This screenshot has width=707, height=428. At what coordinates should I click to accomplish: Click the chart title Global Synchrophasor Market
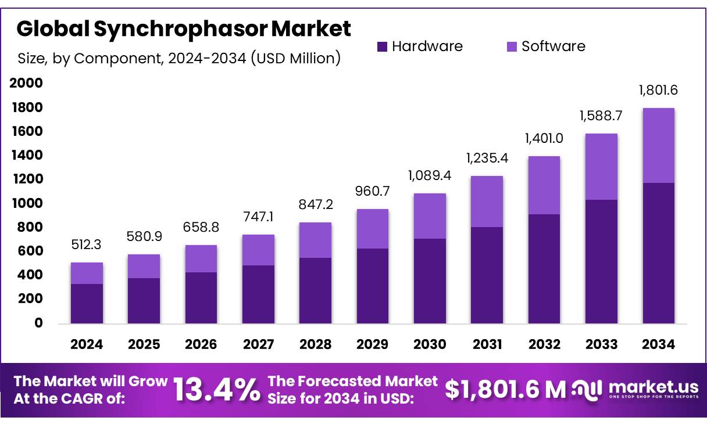pyautogui.click(x=184, y=28)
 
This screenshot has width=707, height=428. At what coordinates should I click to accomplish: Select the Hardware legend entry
pyautogui.click(x=420, y=46)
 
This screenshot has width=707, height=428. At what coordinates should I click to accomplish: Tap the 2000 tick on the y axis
pyautogui.click(x=27, y=84)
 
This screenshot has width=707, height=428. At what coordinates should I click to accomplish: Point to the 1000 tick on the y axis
pyautogui.click(x=27, y=203)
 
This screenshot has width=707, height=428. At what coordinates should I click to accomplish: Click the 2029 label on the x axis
pyautogui.click(x=373, y=344)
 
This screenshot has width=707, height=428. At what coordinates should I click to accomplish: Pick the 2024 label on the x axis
pyautogui.click(x=87, y=344)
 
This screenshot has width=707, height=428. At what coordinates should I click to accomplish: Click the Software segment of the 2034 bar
pyautogui.click(x=658, y=145)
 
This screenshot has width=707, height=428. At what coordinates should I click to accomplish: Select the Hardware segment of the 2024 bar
pyautogui.click(x=87, y=303)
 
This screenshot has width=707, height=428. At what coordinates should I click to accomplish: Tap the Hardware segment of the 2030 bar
pyautogui.click(x=430, y=281)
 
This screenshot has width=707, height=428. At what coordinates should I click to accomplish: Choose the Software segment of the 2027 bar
pyautogui.click(x=258, y=250)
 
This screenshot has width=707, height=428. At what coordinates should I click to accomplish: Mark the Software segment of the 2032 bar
pyautogui.click(x=544, y=185)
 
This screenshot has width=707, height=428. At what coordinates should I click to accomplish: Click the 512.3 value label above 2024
pyautogui.click(x=87, y=245)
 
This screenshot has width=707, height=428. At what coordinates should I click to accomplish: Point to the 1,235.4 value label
pyautogui.click(x=487, y=158)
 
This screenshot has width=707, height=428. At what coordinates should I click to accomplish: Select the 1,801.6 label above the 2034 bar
pyautogui.click(x=658, y=90)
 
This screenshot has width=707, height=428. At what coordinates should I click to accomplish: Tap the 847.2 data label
pyautogui.click(x=315, y=204)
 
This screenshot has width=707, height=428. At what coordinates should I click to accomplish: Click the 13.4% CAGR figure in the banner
pyautogui.click(x=217, y=390)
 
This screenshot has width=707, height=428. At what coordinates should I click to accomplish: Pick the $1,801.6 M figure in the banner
pyautogui.click(x=505, y=390)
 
